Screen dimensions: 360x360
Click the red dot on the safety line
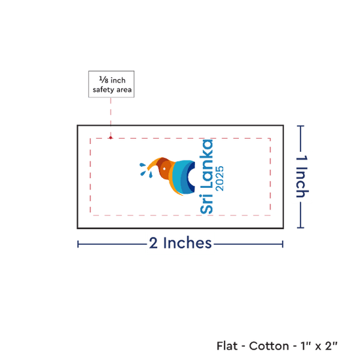[x=111, y=137]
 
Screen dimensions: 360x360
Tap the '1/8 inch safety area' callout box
[x=111, y=84]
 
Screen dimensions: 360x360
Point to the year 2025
[x=220, y=179]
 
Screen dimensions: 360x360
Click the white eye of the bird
[x=164, y=169]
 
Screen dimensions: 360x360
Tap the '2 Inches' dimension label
[x=180, y=243]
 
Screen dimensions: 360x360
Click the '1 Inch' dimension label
[x=302, y=176]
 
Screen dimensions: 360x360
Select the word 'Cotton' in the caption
[x=269, y=346]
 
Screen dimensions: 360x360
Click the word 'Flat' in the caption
[x=227, y=346]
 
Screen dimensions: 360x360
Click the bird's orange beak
[x=153, y=164]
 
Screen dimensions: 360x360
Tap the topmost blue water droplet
[x=142, y=164]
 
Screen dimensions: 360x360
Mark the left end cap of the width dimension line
[x=78, y=244]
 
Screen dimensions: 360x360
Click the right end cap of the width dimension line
[x=283, y=244]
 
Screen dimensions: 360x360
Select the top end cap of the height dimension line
[x=300, y=126]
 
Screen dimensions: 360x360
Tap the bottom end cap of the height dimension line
[x=300, y=228]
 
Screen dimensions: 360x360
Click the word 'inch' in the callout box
[x=118, y=81]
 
